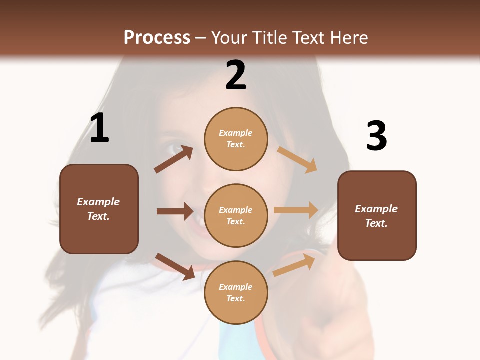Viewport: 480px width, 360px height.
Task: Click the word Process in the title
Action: coord(157,38)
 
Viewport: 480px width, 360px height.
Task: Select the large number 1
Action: coord(99,128)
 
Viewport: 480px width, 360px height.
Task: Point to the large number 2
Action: coord(236,75)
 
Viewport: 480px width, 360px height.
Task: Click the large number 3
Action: coord(376,136)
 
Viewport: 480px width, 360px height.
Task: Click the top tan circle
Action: coord(236,139)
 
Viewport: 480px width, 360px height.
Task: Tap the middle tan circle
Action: coord(236,215)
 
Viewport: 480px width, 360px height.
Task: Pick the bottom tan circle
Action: coord(236,292)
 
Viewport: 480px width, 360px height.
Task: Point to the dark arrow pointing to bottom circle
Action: coord(175,266)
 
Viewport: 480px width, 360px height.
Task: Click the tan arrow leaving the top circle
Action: coord(297,159)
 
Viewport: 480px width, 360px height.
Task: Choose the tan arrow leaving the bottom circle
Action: coord(294,265)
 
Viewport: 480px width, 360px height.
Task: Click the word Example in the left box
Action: coord(98,202)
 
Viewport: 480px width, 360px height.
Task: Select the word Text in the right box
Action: coord(376,223)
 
